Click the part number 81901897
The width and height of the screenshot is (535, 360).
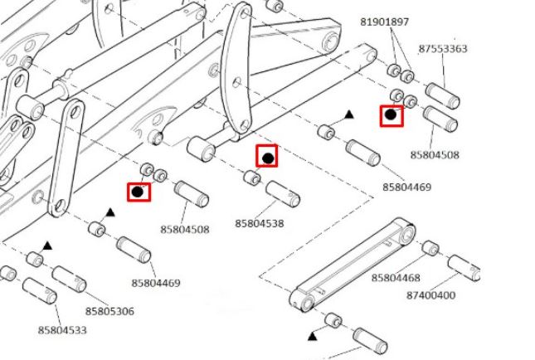(384, 22)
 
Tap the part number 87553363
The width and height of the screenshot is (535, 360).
(443, 49)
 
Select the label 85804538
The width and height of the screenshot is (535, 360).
(260, 224)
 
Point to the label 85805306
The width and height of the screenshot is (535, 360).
(109, 311)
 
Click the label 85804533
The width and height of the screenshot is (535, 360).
(62, 330)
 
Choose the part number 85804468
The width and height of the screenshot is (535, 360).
(396, 278)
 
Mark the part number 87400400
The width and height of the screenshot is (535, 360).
(430, 295)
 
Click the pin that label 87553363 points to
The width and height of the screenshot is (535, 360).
(443, 95)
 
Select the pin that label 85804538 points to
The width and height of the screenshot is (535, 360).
(283, 193)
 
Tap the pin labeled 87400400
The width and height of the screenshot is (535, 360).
(464, 268)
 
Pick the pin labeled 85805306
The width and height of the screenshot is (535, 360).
(70, 279)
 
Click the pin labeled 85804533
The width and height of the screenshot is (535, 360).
(40, 290)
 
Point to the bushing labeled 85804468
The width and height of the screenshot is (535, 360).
(431, 248)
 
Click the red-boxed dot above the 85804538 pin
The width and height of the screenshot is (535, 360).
(268, 158)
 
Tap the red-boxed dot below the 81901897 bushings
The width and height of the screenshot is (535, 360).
(391, 114)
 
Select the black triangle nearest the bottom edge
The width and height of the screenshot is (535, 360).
(313, 337)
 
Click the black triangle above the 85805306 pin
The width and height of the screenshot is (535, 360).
(47, 246)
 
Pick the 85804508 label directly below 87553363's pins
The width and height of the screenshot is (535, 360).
(435, 155)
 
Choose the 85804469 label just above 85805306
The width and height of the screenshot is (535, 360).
(156, 283)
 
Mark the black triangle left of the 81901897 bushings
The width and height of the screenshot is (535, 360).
(348, 114)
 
